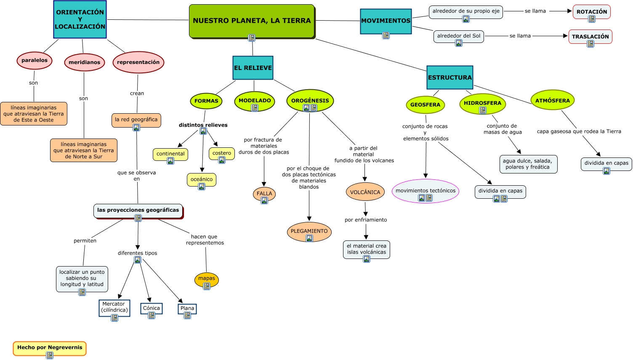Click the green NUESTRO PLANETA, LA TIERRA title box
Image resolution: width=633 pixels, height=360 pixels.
tap(252, 21)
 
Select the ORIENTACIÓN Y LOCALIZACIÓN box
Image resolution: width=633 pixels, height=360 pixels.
tap(80, 19)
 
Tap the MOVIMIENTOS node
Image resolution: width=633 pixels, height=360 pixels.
tap(386, 21)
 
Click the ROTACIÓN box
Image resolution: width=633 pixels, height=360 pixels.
tap(591, 12)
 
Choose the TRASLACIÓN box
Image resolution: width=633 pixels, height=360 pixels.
tap(590, 37)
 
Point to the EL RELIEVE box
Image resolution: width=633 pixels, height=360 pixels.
tap(253, 68)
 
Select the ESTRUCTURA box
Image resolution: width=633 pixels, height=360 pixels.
tap(449, 77)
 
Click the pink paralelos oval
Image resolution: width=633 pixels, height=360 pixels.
tap(35, 61)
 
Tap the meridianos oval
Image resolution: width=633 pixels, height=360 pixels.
tap(84, 62)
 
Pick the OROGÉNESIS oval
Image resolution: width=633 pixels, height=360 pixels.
tap(310, 101)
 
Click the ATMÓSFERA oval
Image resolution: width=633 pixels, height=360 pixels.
tap(552, 101)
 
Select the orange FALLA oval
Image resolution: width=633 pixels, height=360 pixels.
tap(264, 194)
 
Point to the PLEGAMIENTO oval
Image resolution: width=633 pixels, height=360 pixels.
tap(309, 231)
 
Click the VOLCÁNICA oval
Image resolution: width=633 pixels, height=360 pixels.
tap(365, 192)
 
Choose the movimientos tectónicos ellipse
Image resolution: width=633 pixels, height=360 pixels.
tap(425, 191)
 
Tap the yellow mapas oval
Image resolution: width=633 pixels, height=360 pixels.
tap(206, 278)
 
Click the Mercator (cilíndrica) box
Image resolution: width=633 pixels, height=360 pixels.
tap(114, 307)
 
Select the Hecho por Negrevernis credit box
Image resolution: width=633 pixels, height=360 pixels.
tap(50, 347)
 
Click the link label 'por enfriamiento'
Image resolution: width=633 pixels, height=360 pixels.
tap(366, 220)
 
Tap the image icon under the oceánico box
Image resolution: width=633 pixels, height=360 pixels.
tap(202, 187)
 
